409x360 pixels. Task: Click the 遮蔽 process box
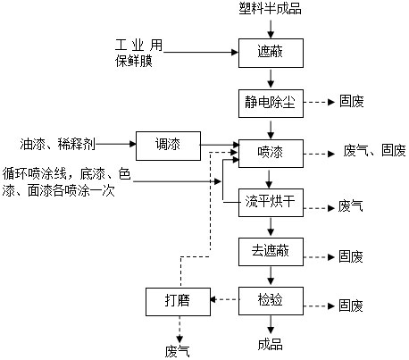271,53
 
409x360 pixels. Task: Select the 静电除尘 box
271,104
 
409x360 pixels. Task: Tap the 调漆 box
168,146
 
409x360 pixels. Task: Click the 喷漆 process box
271,154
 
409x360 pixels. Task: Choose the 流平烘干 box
271,203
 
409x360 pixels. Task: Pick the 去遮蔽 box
271,252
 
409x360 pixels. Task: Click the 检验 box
271,301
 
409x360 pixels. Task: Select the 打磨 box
178,302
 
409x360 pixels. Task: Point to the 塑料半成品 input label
270,8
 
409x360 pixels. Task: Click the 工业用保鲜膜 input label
138,53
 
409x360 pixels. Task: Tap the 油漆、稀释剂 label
57,144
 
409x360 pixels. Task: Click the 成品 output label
270,344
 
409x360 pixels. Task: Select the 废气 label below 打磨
178,351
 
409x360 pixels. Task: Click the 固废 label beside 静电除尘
352,102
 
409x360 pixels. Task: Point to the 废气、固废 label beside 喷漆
374,150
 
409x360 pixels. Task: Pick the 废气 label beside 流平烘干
350,206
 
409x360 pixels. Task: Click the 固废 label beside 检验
351,306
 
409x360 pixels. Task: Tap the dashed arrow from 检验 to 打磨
225,299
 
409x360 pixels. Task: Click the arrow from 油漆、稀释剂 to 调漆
116,144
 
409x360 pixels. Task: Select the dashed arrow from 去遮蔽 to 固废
319,257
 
